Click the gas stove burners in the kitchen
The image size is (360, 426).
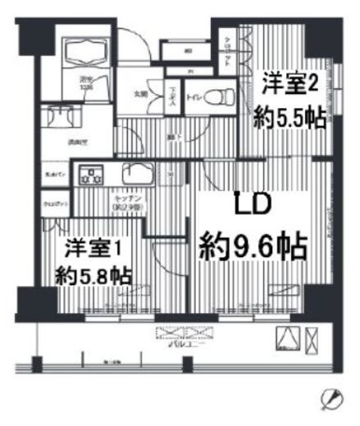[90, 174]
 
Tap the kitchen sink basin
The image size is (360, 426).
[137, 174]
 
